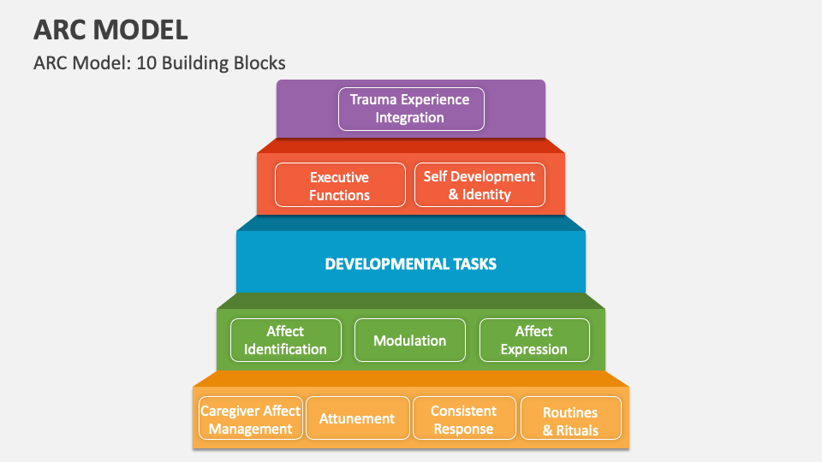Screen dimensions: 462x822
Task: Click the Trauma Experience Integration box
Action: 411,109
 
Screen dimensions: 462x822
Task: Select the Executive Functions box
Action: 340,186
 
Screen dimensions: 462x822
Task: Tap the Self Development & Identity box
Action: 479,186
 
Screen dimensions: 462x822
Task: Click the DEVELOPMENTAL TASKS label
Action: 411,264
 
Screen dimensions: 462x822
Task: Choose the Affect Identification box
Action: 285,340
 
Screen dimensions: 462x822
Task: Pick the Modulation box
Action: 410,340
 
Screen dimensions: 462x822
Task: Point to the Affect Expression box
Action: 534,340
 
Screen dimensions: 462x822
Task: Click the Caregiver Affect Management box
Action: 250,419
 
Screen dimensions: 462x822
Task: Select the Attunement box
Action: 357,419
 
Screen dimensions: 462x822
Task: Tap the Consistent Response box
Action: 464,419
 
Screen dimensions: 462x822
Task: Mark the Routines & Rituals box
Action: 570,421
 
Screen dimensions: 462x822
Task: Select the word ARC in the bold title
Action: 59,31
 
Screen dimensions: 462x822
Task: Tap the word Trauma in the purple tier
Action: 376,99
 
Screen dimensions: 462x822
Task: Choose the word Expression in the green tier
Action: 534,349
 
